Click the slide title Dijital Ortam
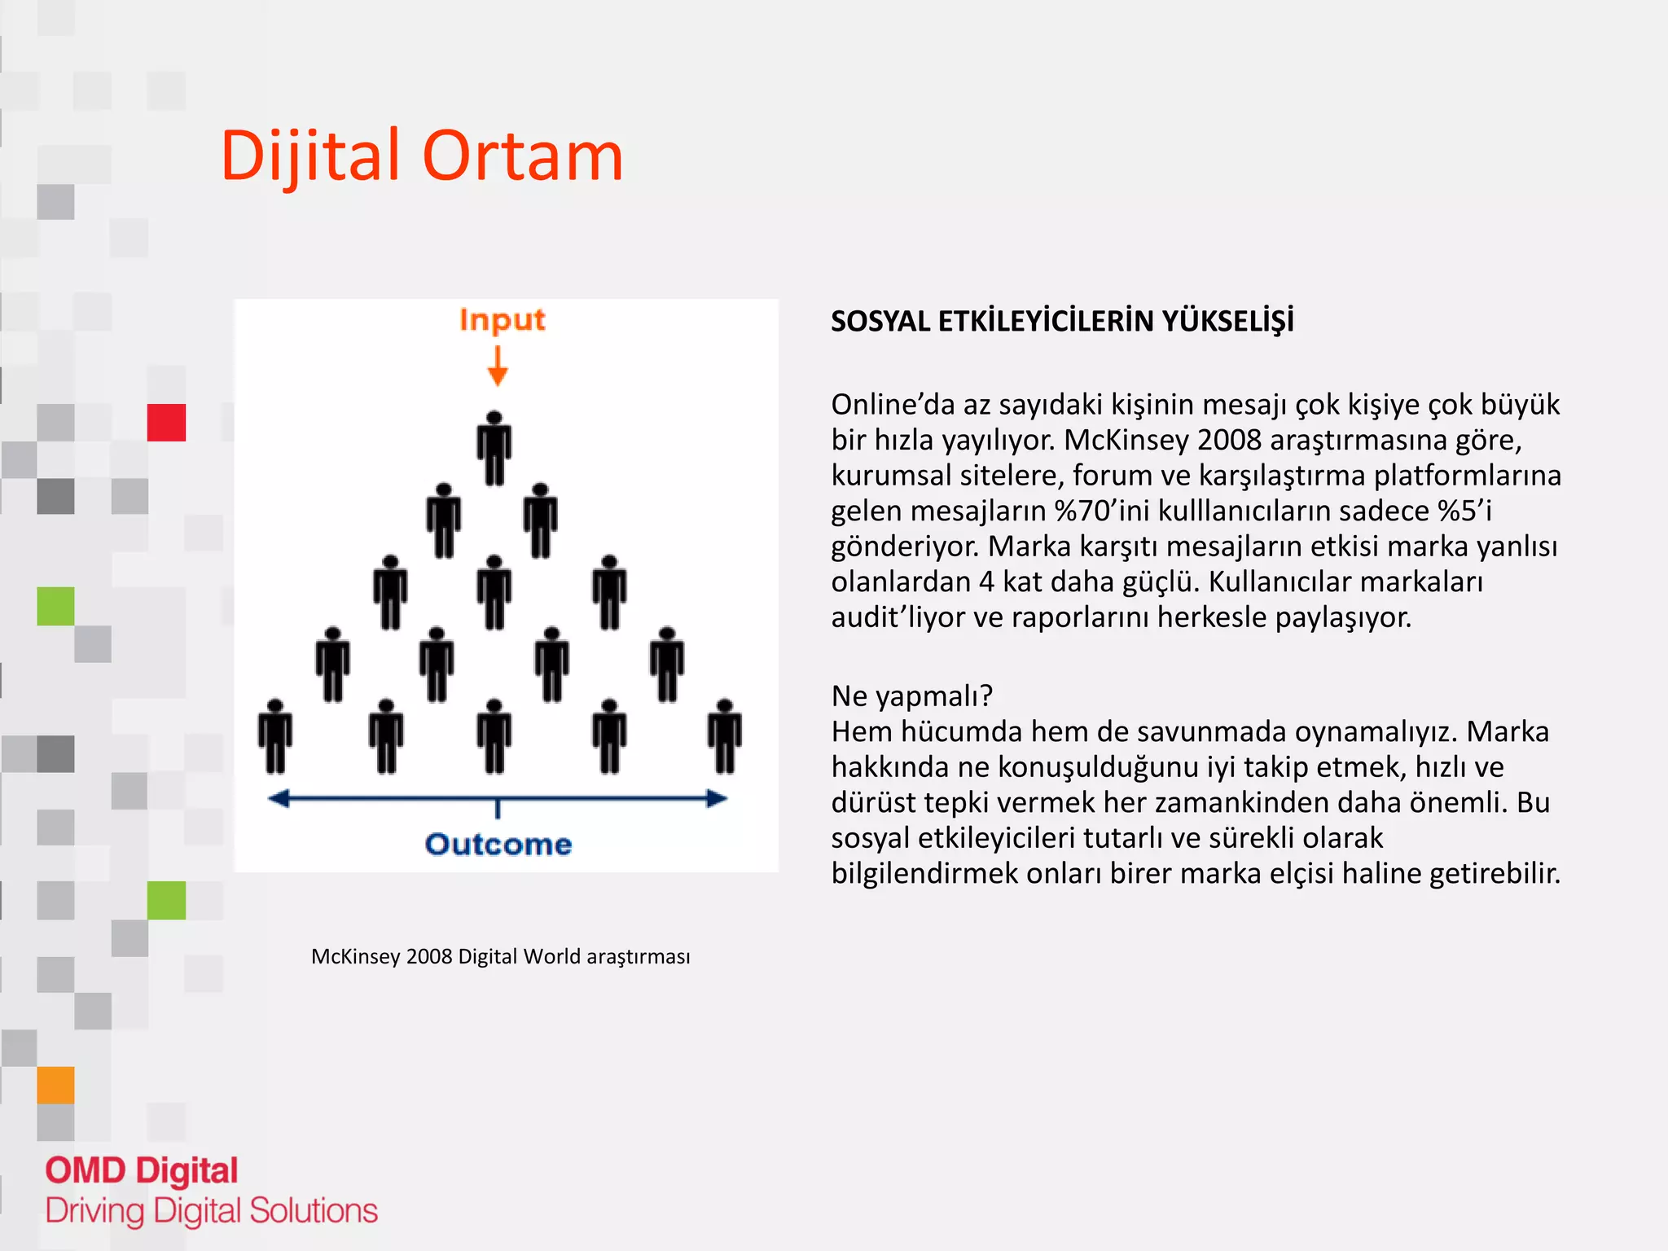coord(422,156)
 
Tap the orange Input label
coord(502,320)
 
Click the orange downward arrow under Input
coord(498,366)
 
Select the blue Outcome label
coord(498,845)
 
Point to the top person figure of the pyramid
coord(494,448)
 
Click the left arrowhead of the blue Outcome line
coord(279,798)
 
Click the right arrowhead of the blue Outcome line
coord(717,798)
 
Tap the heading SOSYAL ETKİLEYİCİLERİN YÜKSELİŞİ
coord(1062,322)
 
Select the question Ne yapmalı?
coord(911,696)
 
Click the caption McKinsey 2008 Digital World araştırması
coord(500,956)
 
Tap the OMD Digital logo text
coord(142,1171)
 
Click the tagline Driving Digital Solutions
coord(212,1211)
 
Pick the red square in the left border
coord(166,423)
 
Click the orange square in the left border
coord(55,1085)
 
